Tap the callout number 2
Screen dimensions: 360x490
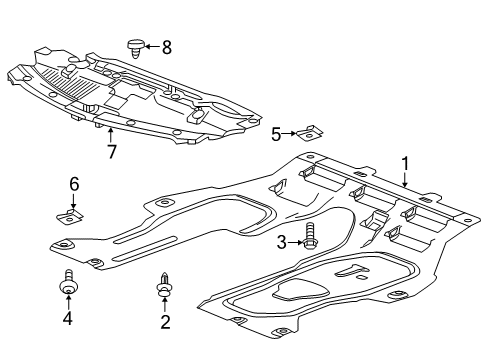[x=165, y=321]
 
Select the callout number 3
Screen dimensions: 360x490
[x=283, y=241]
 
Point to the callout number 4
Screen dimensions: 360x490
[x=67, y=319]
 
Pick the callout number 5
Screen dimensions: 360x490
[x=276, y=132]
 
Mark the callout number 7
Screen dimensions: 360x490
[x=110, y=152]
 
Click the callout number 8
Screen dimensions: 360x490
[x=167, y=46]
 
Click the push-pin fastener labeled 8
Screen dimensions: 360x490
[x=137, y=45]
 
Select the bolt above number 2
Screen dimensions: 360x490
[x=164, y=286]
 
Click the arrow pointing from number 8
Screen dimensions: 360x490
[x=153, y=46]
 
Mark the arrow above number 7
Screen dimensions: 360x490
[x=110, y=136]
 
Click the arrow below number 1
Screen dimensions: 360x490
[x=404, y=180]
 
